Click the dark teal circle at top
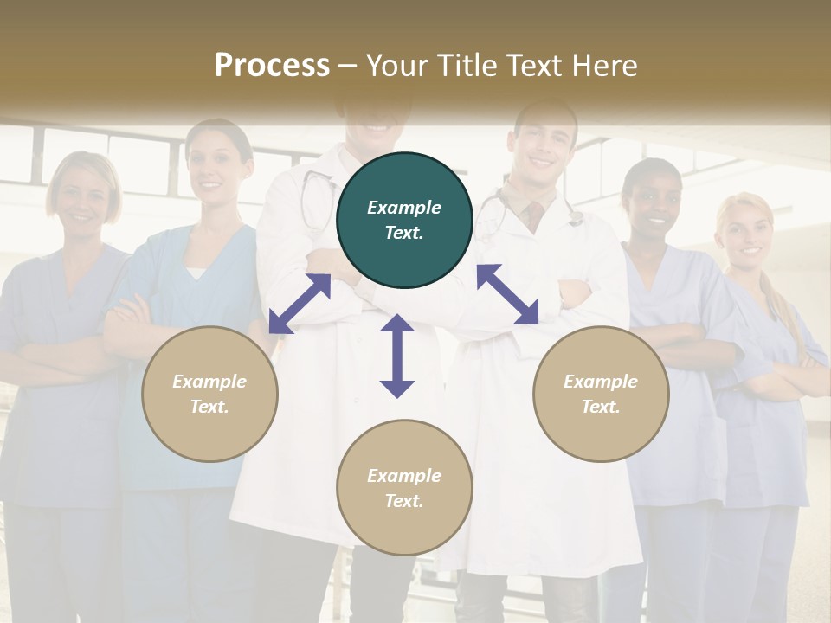click(404, 221)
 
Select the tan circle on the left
click(209, 395)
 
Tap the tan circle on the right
click(601, 395)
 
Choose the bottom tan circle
click(404, 488)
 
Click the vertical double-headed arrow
click(397, 356)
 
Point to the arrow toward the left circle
click(300, 304)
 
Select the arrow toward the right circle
click(507, 294)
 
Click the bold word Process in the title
click(272, 65)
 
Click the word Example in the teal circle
click(404, 208)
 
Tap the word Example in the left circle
click(209, 382)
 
